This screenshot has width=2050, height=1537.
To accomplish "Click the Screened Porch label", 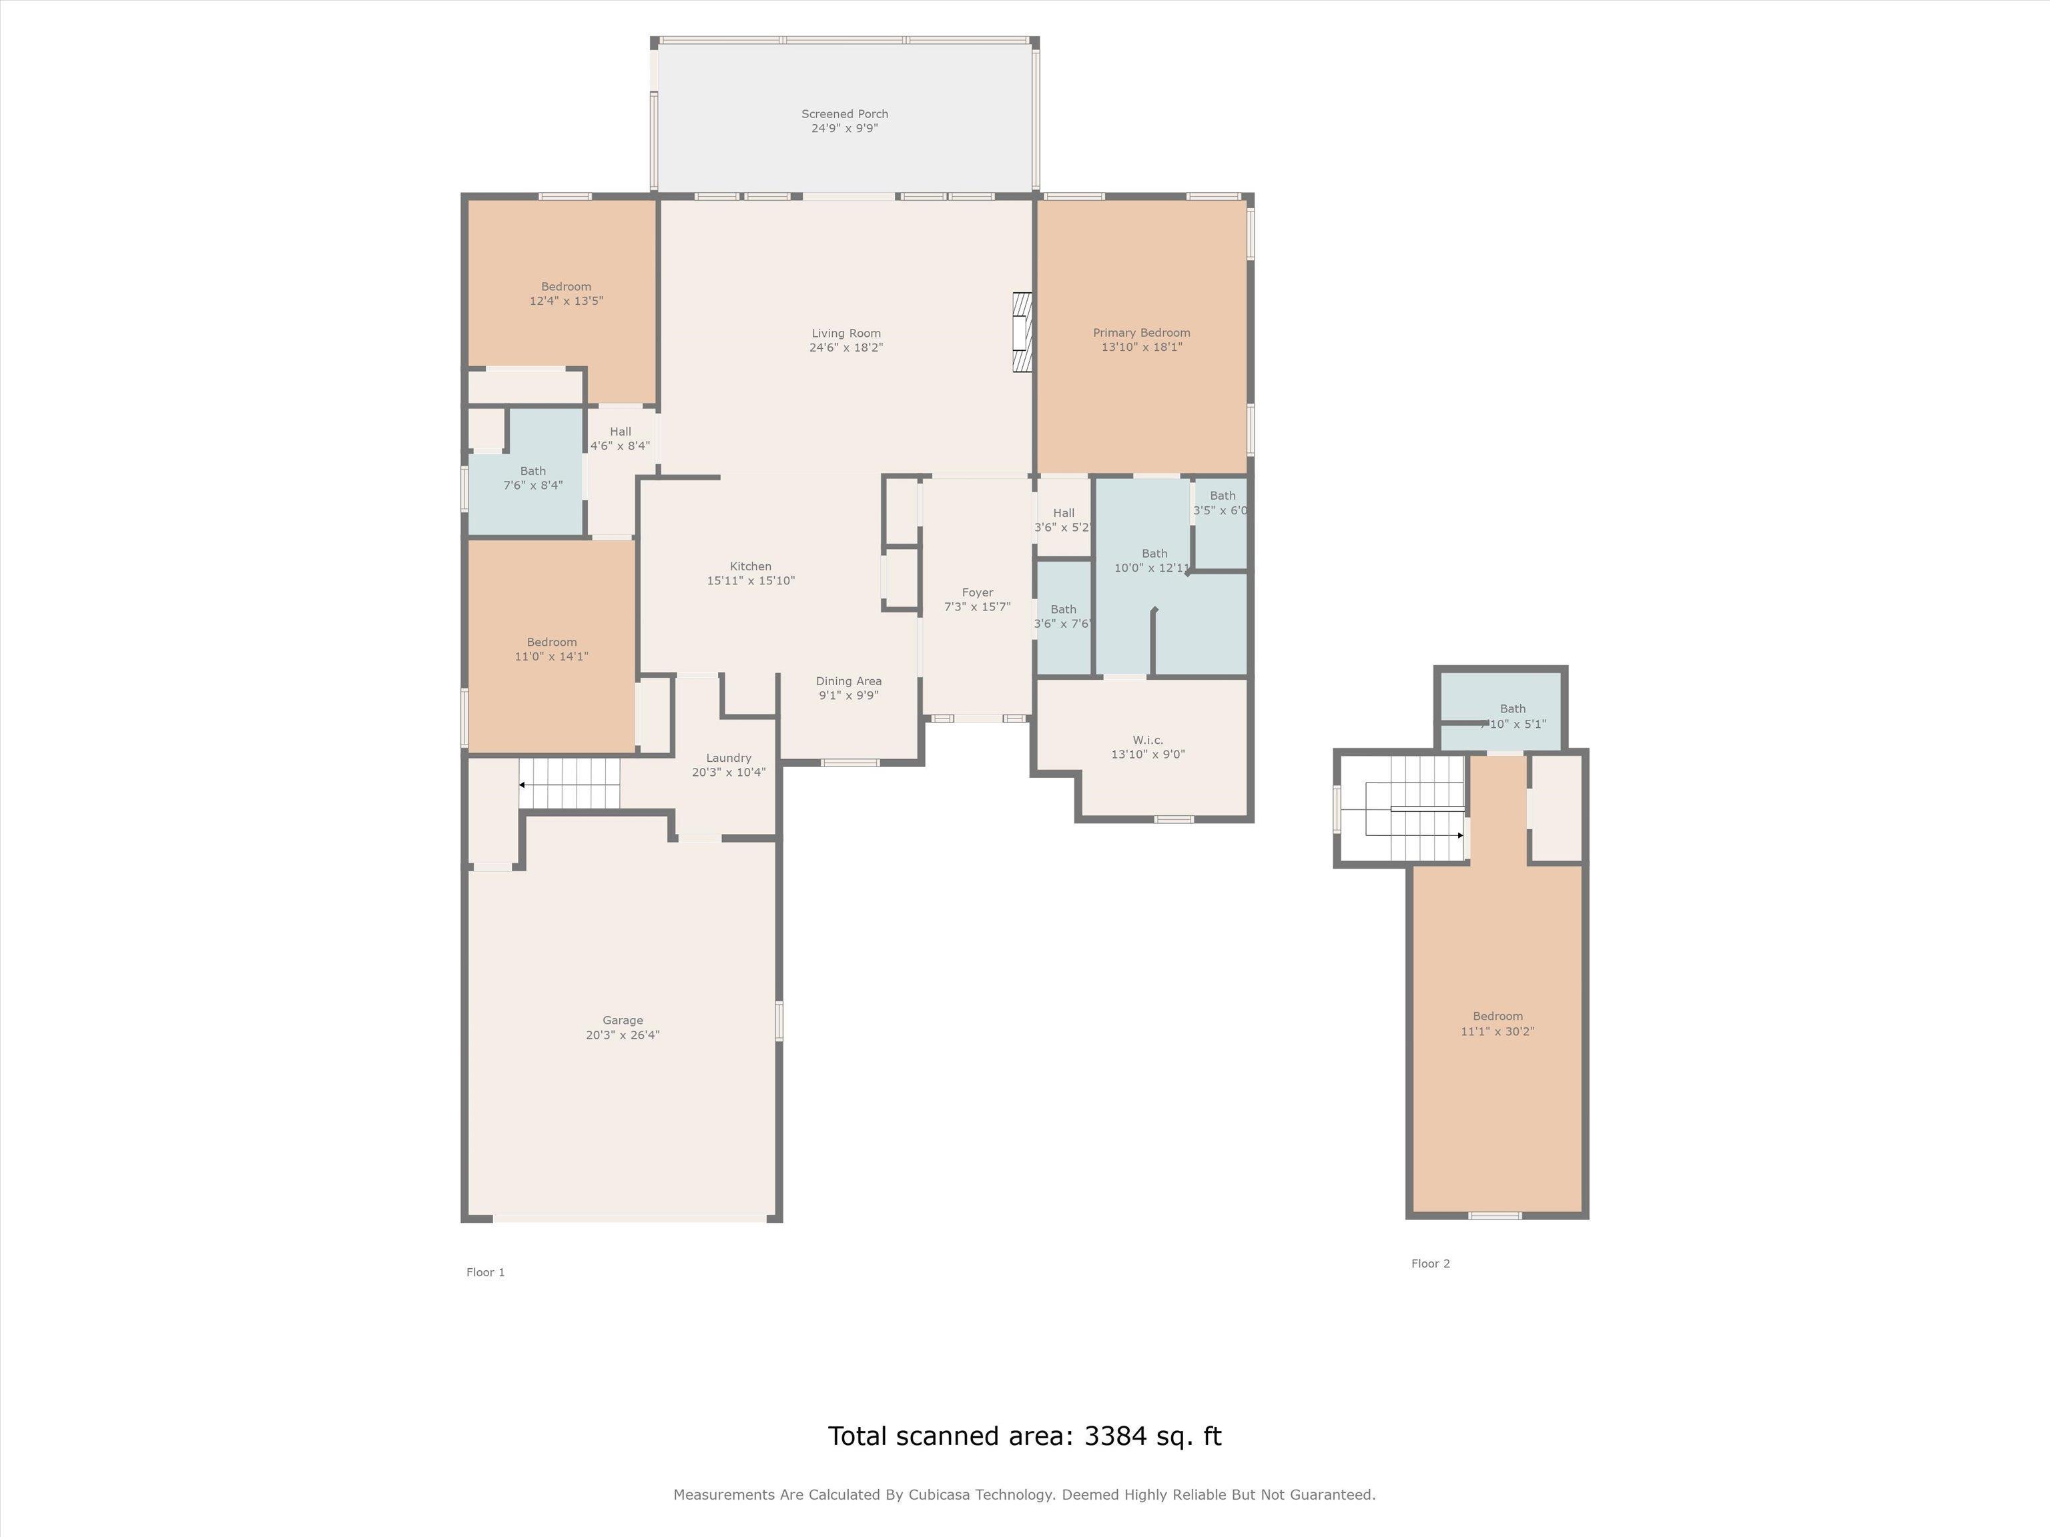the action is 844,114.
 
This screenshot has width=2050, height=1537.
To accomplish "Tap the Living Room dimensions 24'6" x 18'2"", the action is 846,348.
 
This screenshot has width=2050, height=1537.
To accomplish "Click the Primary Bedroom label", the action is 1141,333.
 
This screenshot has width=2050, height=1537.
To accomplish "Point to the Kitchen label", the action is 751,566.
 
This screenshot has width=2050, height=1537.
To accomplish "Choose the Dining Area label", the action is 849,681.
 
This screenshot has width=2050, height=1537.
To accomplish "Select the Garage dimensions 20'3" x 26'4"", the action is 623,1035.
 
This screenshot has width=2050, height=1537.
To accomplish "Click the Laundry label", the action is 729,758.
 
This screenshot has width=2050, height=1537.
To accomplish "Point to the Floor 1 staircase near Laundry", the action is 569,784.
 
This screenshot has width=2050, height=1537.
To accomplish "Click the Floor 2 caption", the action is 1431,1263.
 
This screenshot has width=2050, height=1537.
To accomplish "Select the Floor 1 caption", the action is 486,1272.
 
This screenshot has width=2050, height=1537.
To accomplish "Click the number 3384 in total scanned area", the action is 1116,1436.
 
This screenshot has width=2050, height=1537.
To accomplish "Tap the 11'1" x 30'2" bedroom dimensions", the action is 1497,1031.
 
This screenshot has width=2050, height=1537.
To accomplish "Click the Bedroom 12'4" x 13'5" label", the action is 567,294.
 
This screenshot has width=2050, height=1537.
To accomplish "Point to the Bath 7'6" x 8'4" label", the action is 533,478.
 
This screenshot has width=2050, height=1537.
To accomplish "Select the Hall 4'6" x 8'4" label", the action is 621,438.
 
